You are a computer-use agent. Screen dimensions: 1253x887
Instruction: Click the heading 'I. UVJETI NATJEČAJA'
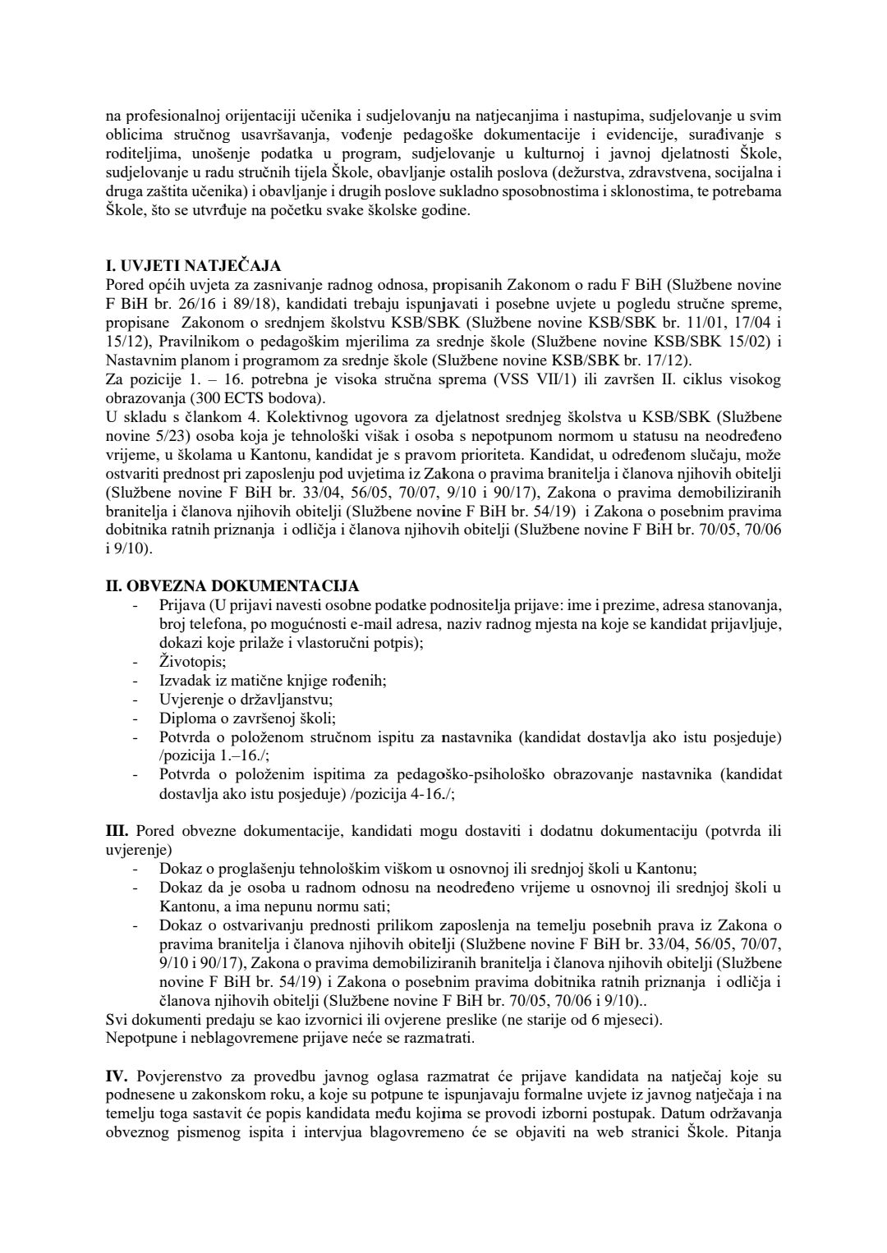pos(194,265)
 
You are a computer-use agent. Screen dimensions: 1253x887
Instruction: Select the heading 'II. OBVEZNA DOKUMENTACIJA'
pos(232,585)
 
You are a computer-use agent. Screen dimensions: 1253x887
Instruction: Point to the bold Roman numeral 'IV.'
pos(116,1076)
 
